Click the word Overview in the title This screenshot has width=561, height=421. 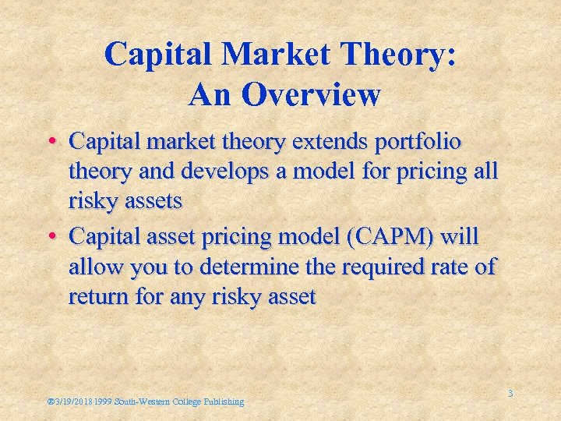point(309,95)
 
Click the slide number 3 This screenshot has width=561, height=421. point(510,394)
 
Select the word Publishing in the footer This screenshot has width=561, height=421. point(224,402)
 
